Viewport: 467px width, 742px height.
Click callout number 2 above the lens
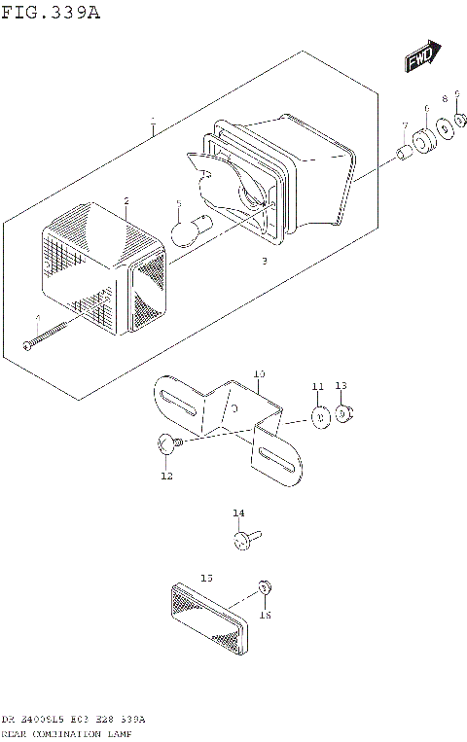coord(126,200)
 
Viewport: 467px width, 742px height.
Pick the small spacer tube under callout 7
coord(402,153)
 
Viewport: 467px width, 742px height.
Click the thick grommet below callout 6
coord(424,140)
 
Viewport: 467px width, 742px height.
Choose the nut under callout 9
coord(459,122)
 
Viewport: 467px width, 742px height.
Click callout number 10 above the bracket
coord(259,373)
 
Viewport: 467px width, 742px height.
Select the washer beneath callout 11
coord(318,417)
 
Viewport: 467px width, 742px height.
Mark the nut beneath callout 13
coord(343,414)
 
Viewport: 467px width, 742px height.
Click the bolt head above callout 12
coord(166,445)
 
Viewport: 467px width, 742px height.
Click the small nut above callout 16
coord(264,587)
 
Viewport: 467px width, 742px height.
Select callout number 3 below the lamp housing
coord(264,262)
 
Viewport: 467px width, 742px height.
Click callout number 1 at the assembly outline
coord(153,123)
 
